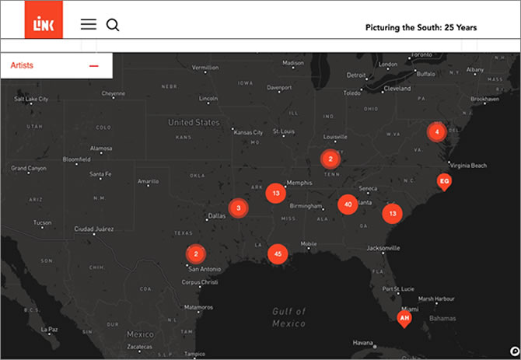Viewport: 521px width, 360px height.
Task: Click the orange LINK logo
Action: tap(44, 25)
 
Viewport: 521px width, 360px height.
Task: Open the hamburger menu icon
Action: tap(89, 25)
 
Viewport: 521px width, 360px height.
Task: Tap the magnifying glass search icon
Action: tap(113, 25)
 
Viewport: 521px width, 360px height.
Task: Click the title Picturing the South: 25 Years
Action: tap(421, 27)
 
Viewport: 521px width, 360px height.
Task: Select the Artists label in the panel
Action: tap(22, 66)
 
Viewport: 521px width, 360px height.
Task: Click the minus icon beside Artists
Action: tap(94, 66)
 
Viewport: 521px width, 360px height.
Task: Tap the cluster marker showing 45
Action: tap(278, 254)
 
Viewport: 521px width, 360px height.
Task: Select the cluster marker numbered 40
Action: tap(348, 204)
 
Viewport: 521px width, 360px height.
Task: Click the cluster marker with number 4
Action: tap(437, 132)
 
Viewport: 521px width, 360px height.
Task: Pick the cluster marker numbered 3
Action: tap(239, 208)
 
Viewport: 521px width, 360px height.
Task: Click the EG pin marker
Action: tap(444, 182)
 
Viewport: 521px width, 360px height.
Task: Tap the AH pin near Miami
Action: tap(404, 319)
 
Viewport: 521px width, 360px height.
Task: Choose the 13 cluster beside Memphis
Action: tap(275, 193)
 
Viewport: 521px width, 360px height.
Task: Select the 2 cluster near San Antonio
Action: tap(196, 253)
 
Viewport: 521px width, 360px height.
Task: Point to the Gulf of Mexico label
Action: tap(288, 316)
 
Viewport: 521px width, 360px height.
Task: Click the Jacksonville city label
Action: tap(383, 248)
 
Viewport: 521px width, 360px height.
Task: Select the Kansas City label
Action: tap(248, 132)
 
